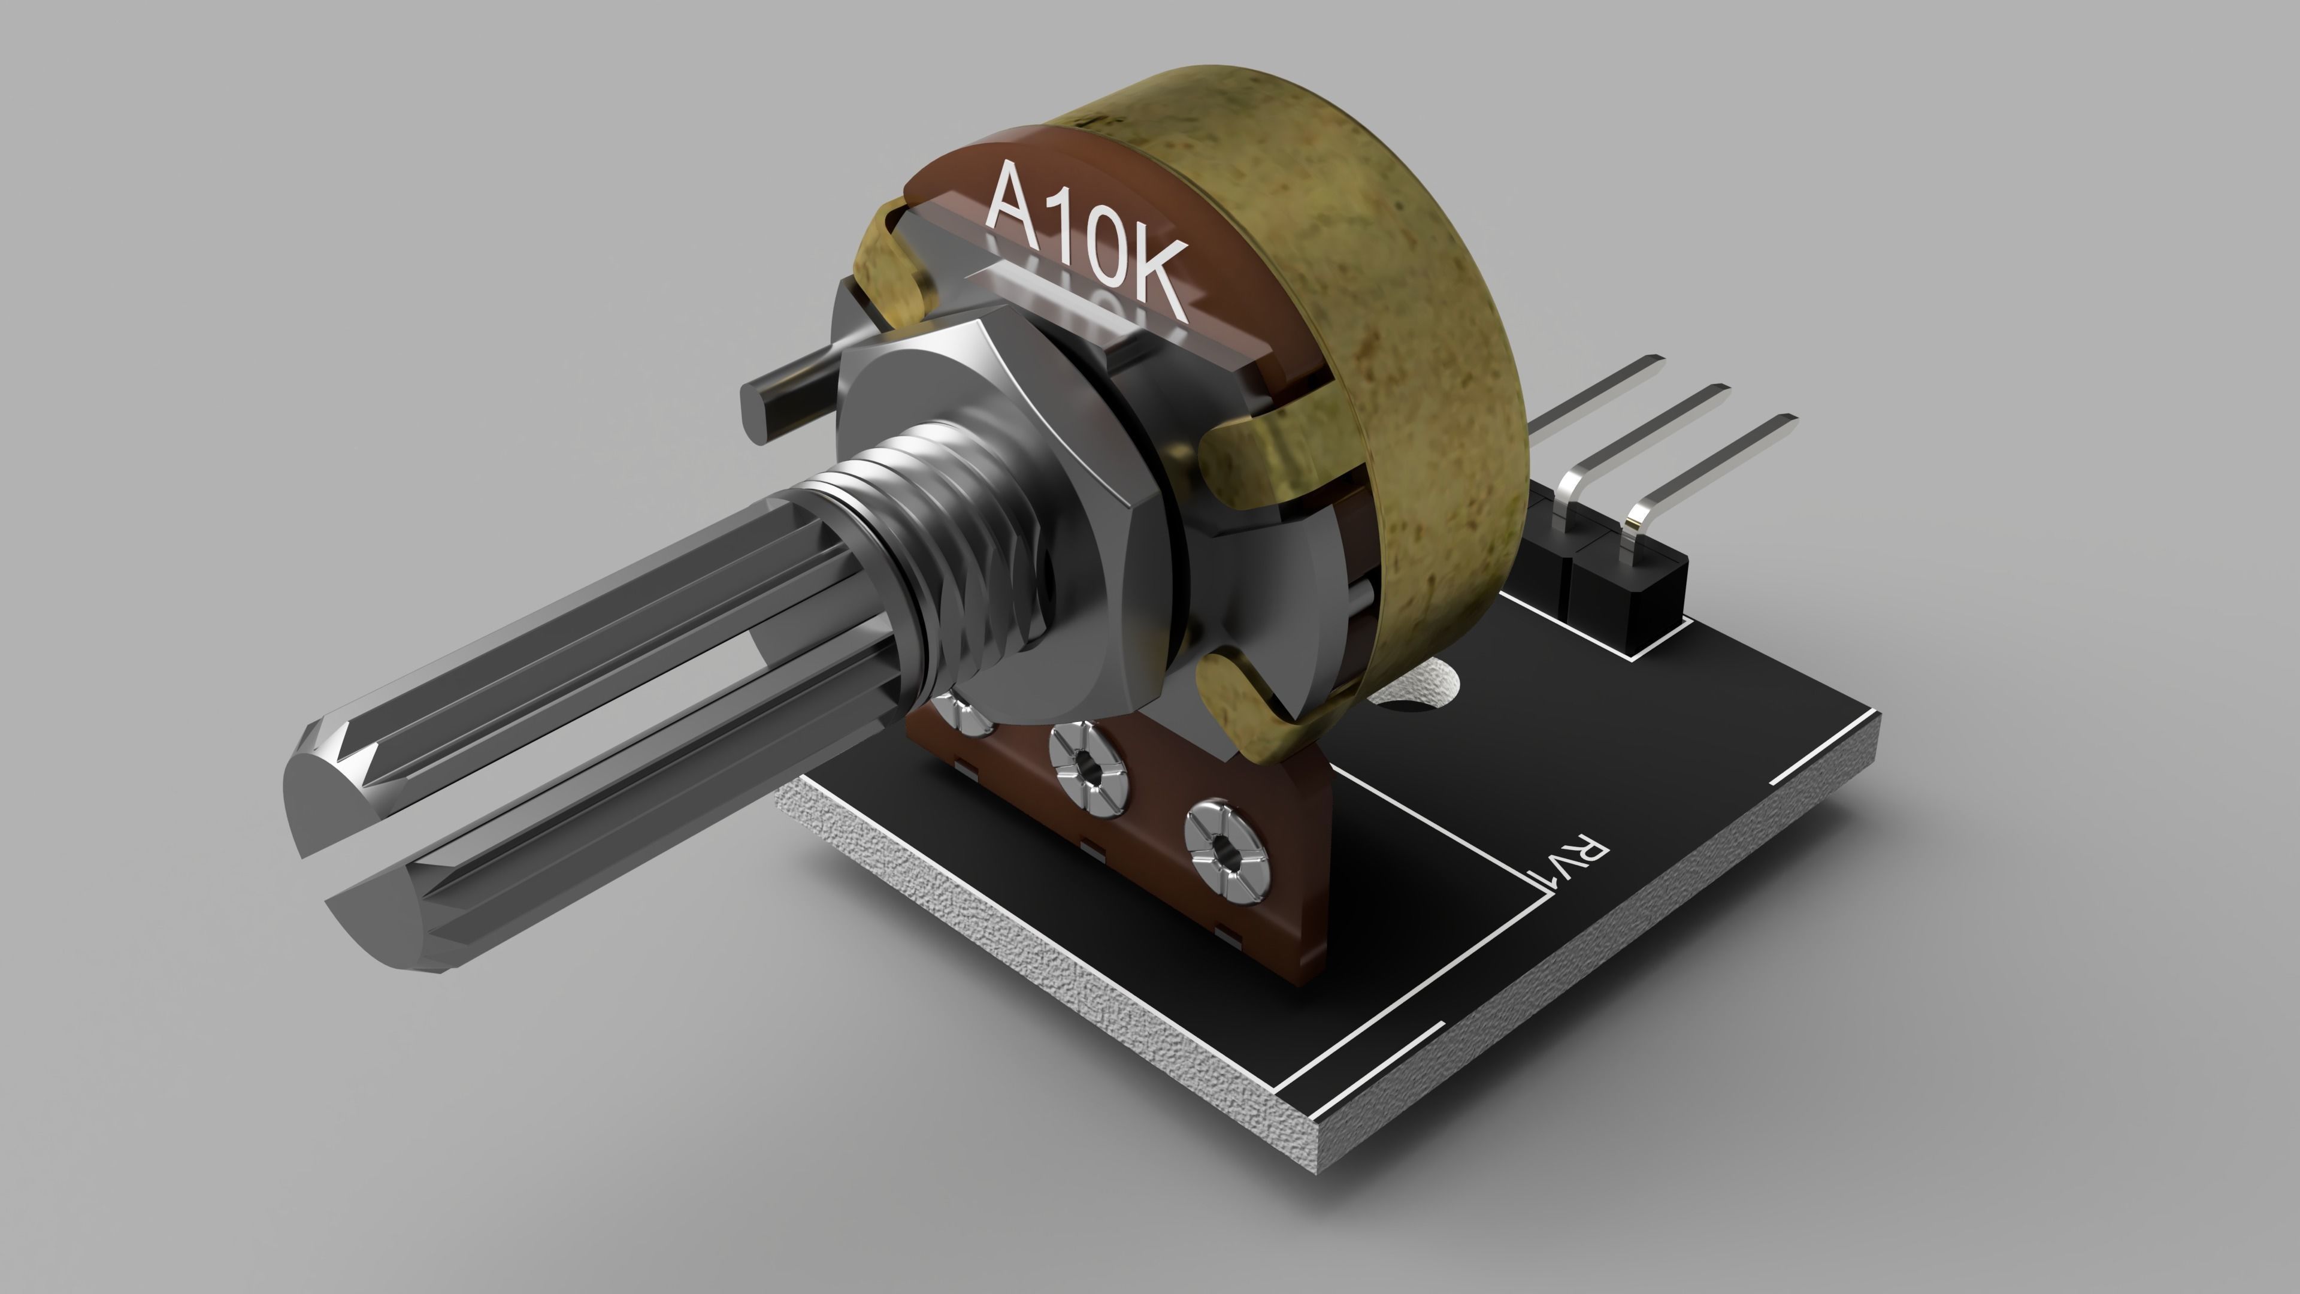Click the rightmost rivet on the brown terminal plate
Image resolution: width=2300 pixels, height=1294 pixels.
click(x=1228, y=853)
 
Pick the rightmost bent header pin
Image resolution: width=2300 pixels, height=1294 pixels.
click(x=1714, y=464)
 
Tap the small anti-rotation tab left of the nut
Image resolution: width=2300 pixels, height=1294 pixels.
click(x=786, y=393)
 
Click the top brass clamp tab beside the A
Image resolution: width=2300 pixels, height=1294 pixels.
click(x=893, y=268)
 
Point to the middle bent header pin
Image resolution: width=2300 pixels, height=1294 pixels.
click(x=1652, y=429)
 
